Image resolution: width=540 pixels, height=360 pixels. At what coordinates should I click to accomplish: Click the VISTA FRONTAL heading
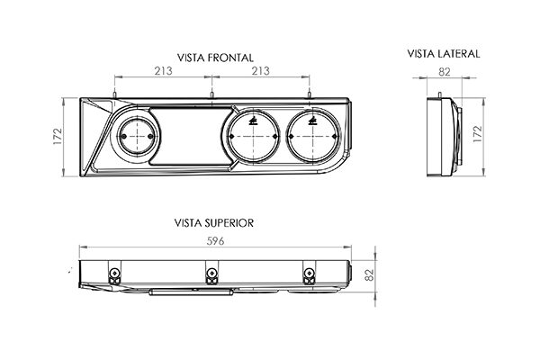point(215,58)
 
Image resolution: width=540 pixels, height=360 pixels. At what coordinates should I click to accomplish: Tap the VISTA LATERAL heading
point(444,54)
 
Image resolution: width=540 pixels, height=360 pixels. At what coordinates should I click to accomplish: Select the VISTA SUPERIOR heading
point(214,223)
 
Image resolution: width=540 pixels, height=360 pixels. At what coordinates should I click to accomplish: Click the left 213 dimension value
point(163,71)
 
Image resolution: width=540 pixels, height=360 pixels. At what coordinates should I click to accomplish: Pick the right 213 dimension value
point(260,71)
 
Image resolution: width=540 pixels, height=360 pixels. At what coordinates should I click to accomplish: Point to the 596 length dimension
point(216,241)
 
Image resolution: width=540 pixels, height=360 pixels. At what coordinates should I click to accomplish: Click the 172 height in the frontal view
point(58,136)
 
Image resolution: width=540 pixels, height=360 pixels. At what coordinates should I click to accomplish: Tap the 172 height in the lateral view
point(477,134)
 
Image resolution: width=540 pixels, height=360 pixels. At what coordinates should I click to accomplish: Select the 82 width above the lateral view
point(445,72)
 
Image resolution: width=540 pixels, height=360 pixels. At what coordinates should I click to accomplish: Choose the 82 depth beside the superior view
point(369,274)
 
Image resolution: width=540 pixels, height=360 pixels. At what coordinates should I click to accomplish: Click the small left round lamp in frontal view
point(137,137)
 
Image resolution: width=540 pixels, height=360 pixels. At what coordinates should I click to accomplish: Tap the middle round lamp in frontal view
point(253,137)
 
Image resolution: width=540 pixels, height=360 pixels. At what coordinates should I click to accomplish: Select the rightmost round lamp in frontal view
point(312,137)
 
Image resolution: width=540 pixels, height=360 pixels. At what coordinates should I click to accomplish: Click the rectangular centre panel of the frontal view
point(191,136)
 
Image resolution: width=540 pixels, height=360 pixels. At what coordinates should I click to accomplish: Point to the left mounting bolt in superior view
point(114,274)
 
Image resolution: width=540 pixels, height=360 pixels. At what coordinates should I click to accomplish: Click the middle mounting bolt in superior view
point(211,274)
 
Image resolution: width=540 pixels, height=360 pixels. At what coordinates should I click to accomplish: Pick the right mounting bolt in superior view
point(309,274)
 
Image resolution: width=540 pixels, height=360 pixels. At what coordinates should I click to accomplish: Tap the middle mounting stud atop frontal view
point(211,94)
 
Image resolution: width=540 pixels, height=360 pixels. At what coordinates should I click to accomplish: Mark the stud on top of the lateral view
point(439,94)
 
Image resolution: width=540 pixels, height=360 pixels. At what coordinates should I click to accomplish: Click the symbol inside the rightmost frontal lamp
point(312,121)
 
